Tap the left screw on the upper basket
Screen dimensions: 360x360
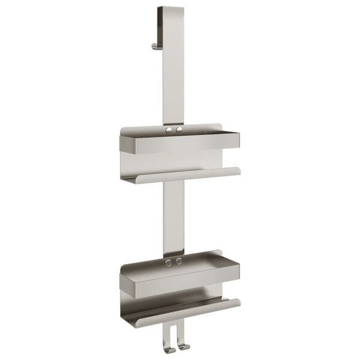[169, 130]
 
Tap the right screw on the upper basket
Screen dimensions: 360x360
[178, 130]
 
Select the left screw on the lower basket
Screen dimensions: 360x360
[169, 262]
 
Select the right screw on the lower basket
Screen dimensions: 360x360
[178, 262]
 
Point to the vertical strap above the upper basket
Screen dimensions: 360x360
[173, 78]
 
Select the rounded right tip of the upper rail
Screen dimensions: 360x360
[238, 170]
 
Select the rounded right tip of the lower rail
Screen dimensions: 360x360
[238, 302]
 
